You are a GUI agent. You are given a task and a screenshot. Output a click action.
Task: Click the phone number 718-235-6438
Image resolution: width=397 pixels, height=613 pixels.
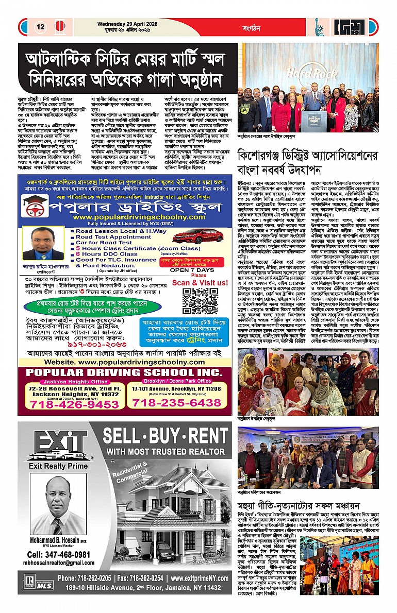[x=177, y=402]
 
